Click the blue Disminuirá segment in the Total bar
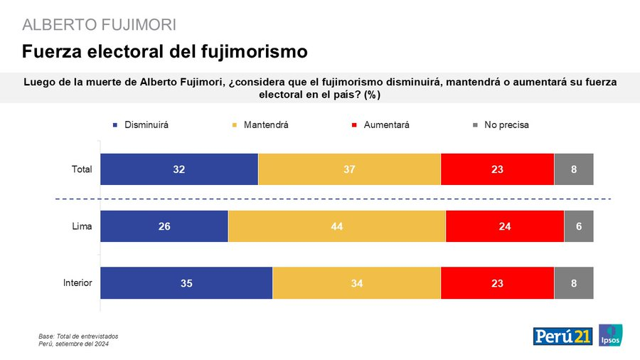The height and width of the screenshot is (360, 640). pyautogui.click(x=179, y=169)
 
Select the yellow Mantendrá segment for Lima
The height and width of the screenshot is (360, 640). pyautogui.click(x=336, y=226)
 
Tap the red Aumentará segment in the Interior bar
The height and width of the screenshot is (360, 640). pyautogui.click(x=497, y=283)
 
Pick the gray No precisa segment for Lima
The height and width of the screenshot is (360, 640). pyautogui.click(x=579, y=226)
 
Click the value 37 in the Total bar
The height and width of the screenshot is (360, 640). pyautogui.click(x=349, y=169)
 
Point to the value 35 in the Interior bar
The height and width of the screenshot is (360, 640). pyautogui.click(x=186, y=283)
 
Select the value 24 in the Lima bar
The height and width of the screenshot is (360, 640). pyautogui.click(x=505, y=226)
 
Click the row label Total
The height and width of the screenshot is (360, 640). pyautogui.click(x=82, y=169)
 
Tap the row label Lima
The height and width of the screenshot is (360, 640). pyautogui.click(x=82, y=226)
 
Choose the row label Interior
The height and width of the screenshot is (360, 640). pyautogui.click(x=78, y=283)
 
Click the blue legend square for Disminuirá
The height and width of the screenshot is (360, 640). pyautogui.click(x=114, y=125)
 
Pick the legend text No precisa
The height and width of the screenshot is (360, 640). pyautogui.click(x=506, y=125)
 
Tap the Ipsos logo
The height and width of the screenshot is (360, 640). pyautogui.click(x=611, y=336)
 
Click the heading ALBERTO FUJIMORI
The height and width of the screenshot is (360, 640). pyautogui.click(x=100, y=25)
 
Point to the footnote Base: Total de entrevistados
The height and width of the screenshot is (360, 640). pyautogui.click(x=78, y=336)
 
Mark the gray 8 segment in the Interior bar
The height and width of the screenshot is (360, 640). pyautogui.click(x=573, y=283)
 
